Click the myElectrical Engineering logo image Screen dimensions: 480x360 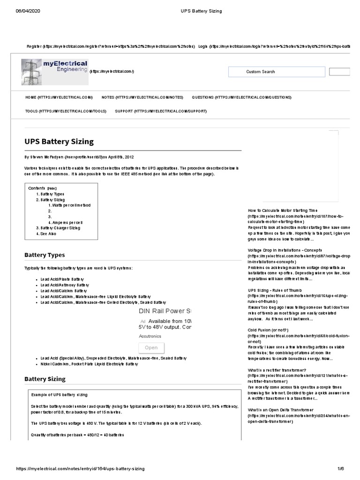click(x=54, y=72)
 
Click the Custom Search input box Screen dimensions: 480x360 click(x=276, y=72)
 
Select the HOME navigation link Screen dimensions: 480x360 click(x=59, y=97)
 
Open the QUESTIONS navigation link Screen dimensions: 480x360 click(x=241, y=97)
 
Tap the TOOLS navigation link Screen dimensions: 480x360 click(x=66, y=111)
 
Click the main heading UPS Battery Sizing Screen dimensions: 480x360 click(x=59, y=141)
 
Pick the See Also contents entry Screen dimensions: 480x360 click(x=48, y=233)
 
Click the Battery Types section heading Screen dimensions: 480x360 click(x=45, y=255)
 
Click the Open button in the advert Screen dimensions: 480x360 click(x=151, y=348)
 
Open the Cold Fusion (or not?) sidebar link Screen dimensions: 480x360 click(x=268, y=330)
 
